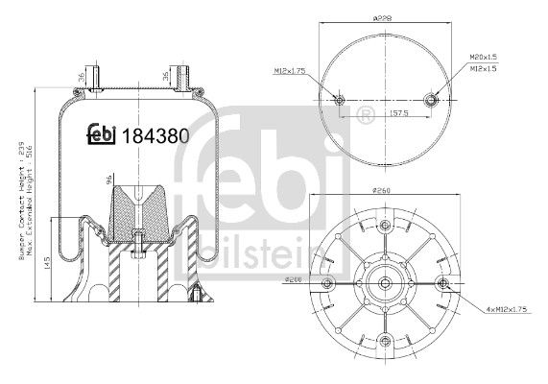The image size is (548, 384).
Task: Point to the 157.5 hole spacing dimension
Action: pyautogui.click(x=385, y=111)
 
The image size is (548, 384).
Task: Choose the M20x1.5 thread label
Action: pyautogui.click(x=484, y=59)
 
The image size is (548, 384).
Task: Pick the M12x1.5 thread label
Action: pyautogui.click(x=484, y=70)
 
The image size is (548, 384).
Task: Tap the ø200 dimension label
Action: pyautogui.click(x=295, y=279)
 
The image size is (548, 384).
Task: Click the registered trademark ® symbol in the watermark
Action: pyautogui.click(x=365, y=117)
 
